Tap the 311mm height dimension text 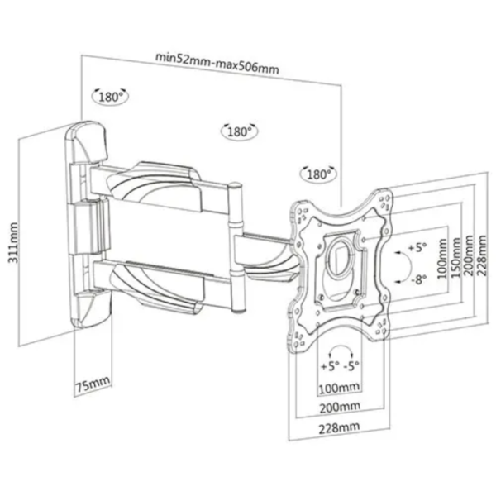coord(13,242)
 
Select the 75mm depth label coord(93,384)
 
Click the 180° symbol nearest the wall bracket coord(110,97)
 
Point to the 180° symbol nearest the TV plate coord(318,174)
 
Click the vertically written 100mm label coord(442,259)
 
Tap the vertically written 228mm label coord(483,255)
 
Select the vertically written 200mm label coord(469,255)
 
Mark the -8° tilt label coord(419,279)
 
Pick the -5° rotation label coord(351,366)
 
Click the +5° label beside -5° coord(330,366)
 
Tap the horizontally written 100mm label coord(339,389)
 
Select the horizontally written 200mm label coord(340,408)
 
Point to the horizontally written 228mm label coord(339,428)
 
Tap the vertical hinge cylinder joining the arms coord(236,247)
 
